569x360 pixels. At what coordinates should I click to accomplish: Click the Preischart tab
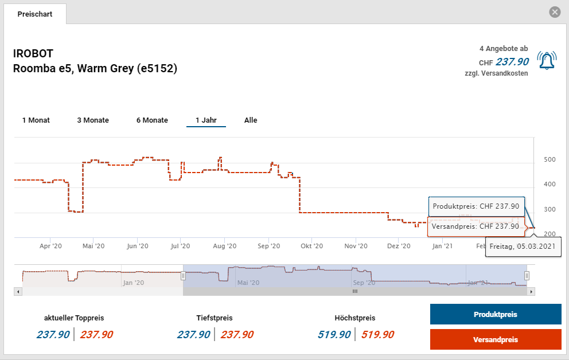point(34,14)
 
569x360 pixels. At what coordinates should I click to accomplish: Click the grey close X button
point(554,12)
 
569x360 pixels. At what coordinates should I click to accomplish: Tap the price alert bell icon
point(546,60)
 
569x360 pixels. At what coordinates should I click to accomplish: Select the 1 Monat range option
point(36,120)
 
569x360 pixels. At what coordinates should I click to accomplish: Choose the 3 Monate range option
point(93,120)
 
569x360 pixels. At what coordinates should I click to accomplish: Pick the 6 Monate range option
point(152,120)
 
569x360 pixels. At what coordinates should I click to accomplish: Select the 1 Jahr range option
point(206,120)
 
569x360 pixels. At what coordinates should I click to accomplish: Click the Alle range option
point(251,120)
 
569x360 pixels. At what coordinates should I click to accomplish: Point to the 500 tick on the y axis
point(549,159)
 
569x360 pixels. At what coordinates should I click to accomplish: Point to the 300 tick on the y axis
point(549,209)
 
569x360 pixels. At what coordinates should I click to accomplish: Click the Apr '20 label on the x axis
point(50,246)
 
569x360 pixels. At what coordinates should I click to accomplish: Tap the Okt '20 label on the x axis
point(310,246)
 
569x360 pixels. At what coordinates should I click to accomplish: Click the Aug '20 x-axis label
point(224,246)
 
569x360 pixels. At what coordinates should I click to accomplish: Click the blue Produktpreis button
point(496,315)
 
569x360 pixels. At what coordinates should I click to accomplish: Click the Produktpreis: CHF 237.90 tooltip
point(476,206)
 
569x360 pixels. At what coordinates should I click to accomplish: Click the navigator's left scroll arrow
point(18,292)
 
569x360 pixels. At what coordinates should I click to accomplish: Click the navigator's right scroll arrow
point(532,292)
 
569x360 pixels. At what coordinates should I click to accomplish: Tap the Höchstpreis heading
point(354,318)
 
